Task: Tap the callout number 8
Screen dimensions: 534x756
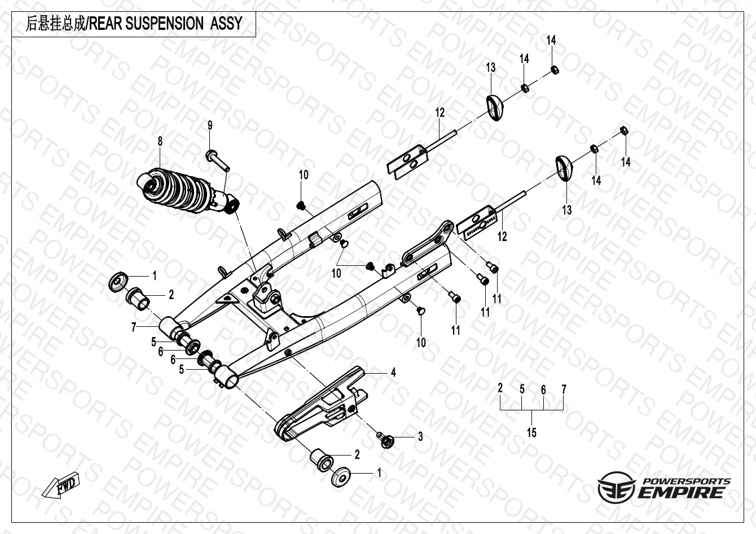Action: [160, 141]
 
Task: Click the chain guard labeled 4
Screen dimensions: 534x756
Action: [319, 405]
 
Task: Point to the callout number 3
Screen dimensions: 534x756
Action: [420, 437]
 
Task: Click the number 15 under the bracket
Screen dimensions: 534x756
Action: [531, 433]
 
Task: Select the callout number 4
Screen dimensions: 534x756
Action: [393, 373]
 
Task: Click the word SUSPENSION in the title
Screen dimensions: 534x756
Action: [161, 24]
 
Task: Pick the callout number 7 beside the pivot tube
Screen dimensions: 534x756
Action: [134, 327]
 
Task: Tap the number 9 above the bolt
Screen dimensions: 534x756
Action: [210, 125]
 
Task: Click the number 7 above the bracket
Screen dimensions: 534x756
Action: [563, 389]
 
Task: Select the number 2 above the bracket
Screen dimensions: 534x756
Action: [500, 388]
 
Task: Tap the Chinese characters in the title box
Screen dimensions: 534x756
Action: [54, 24]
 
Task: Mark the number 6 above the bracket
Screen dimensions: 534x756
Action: [543, 389]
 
